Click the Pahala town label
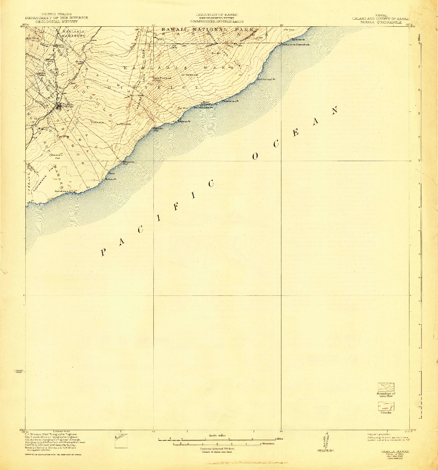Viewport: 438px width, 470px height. pos(68,104)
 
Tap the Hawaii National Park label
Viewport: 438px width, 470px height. pos(207,30)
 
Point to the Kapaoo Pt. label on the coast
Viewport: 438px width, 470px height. pos(184,122)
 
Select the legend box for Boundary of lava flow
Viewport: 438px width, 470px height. pos(386,387)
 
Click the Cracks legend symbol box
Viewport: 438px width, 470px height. pos(386,406)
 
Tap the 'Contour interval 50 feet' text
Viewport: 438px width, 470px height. pos(217,448)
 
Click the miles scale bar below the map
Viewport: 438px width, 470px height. pos(217,439)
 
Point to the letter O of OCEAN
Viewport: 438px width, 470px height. pos(255,157)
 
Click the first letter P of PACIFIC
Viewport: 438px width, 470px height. pos(103,253)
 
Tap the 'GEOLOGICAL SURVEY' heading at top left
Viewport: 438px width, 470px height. pos(57,22)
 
